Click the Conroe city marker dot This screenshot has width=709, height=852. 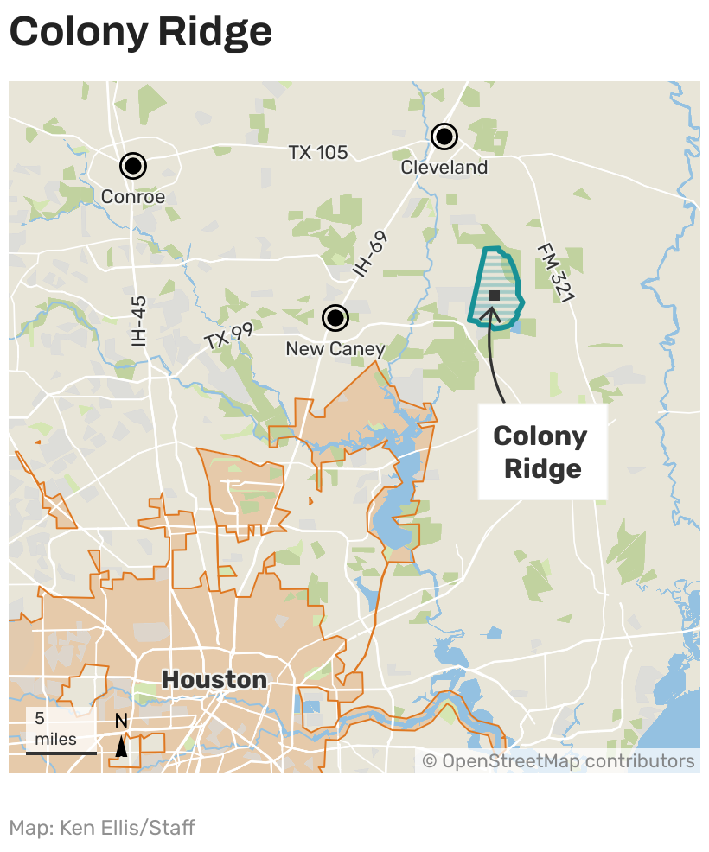pos(132,165)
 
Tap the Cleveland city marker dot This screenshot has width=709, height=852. pos(444,136)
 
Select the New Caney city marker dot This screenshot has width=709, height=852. pos(335,318)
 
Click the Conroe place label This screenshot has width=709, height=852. pos(132,197)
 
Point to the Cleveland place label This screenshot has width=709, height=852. pos(444,168)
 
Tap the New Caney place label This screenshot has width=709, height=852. pos(335,349)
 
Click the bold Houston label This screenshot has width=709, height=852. pos(214,679)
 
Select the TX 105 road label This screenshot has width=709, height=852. pos(318,153)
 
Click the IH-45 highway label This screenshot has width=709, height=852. pos(139,321)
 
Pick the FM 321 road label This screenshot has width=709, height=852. pos(555,271)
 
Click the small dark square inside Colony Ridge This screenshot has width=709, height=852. pos(495,296)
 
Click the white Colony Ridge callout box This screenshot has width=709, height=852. pos(542,452)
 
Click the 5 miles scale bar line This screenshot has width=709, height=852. pos(61,753)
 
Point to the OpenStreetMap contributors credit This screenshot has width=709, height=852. pos(559,761)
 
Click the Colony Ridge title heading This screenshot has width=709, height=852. pos(140,32)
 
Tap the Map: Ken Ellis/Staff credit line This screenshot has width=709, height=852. pos(102,828)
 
